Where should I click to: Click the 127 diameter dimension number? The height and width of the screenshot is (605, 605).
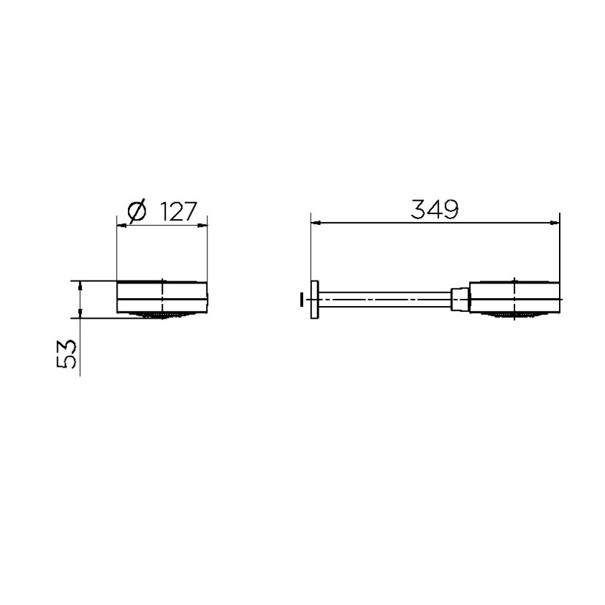point(178,211)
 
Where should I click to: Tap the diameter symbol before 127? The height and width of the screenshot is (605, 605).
point(137,211)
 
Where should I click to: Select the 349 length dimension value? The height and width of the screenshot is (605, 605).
point(435,209)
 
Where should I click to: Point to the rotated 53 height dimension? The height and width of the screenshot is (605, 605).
point(66,354)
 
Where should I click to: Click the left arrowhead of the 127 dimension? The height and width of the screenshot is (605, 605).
point(121,225)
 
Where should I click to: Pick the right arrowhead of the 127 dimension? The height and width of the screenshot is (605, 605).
point(202,225)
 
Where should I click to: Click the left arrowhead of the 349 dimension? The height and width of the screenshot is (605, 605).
point(316,223)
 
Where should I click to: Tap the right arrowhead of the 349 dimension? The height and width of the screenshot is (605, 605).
point(555,223)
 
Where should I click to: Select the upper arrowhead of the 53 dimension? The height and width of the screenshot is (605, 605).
point(80,286)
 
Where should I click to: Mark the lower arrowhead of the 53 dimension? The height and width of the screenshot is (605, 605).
point(80,313)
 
